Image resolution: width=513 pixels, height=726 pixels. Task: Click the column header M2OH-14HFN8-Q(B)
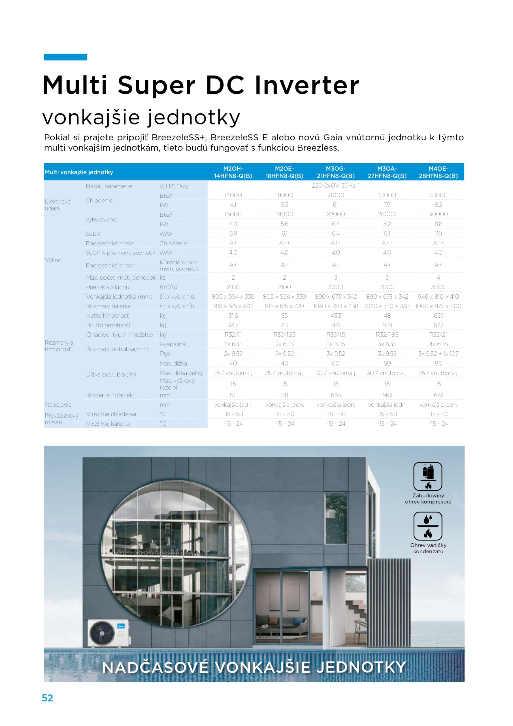233,172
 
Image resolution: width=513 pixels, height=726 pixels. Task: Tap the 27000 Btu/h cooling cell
387,195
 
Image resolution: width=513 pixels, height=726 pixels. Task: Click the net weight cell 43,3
335,316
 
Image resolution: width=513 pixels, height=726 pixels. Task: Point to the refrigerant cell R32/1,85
387,335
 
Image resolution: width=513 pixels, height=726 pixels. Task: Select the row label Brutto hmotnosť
108,325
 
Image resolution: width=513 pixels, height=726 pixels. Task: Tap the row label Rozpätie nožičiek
109,395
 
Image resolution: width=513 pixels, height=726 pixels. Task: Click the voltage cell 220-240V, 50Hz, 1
335,185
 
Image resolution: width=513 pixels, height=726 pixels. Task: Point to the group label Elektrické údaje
58,204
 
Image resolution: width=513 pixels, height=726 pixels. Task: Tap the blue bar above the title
65,57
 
